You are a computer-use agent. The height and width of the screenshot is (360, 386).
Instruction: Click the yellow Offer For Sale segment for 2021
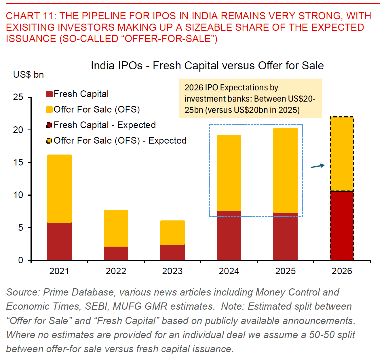click(59, 189)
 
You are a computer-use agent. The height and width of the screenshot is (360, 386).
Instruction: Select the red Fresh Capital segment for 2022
click(116, 253)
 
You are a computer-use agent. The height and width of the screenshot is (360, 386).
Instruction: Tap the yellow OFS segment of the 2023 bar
click(172, 233)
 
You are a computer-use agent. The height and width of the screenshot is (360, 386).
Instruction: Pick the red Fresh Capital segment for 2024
click(229, 235)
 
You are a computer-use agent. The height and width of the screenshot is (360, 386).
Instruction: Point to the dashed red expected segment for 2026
click(342, 225)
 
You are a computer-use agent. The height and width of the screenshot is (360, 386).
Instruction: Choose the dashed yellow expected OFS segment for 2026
click(342, 154)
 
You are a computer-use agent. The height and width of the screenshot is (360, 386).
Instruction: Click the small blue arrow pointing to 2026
click(318, 166)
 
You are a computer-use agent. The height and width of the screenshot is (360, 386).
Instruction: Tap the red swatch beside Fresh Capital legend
click(49, 94)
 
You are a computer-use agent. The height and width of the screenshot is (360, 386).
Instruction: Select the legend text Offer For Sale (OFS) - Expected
click(120, 141)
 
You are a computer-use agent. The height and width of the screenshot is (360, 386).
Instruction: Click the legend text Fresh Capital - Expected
click(104, 125)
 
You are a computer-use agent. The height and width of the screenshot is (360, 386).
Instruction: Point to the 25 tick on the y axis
click(18, 97)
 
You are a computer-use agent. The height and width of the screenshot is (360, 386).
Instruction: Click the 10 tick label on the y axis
click(18, 195)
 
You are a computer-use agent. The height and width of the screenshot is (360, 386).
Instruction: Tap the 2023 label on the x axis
click(172, 271)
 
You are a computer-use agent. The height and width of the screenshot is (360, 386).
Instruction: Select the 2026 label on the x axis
click(342, 271)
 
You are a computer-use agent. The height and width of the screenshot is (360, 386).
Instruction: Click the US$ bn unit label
click(28, 75)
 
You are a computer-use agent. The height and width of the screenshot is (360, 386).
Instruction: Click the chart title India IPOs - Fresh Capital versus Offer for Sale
click(207, 66)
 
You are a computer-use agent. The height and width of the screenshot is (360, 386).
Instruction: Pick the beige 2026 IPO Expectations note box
click(250, 99)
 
